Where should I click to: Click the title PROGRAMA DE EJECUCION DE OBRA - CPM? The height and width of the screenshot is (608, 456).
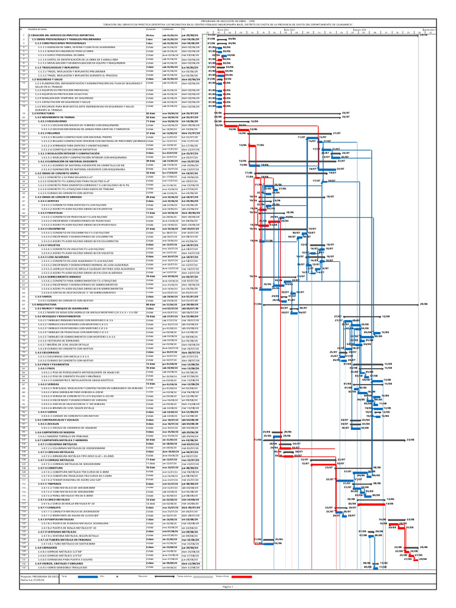pos(228,20)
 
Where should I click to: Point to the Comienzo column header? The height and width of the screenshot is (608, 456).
pos(167,28)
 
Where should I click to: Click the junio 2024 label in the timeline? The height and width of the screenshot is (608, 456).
pos(223,28)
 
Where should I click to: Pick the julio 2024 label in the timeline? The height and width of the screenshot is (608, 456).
pos(289,28)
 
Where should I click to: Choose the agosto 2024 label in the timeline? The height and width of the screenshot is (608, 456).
pos(359,28)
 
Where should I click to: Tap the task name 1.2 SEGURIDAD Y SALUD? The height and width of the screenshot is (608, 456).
pos(45,79)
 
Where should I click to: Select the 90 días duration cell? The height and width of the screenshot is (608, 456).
pos(151,36)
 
